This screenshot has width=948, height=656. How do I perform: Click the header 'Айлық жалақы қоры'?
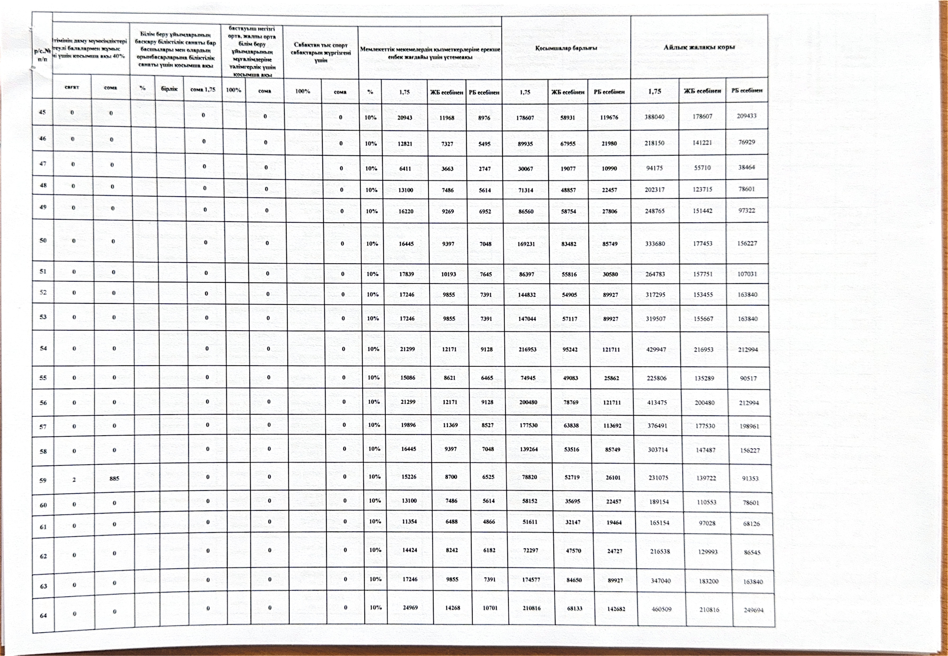(699, 47)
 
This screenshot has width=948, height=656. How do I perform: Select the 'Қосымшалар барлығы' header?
(566, 48)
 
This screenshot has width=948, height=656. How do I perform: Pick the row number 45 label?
(42, 112)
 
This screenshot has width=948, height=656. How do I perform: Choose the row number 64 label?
(43, 615)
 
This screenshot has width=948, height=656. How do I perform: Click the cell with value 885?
(114, 478)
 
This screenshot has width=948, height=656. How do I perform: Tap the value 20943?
(405, 118)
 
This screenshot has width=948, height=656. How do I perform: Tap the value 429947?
(656, 349)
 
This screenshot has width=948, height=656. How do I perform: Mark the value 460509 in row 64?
(661, 609)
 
